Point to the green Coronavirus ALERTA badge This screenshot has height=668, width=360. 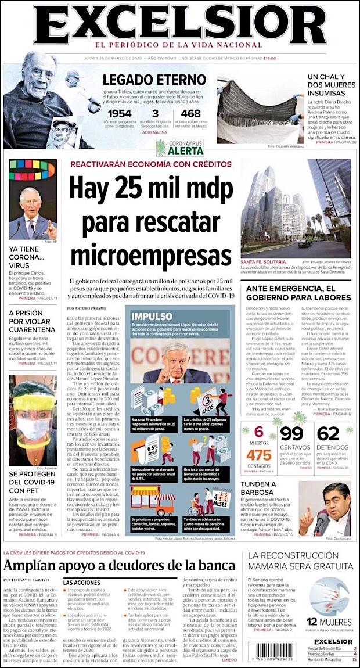(180, 148)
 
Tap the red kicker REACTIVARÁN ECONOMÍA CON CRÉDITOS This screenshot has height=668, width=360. (152, 164)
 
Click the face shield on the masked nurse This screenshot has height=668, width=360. (32, 404)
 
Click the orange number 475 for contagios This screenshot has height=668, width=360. (259, 455)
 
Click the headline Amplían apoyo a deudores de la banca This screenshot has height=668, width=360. (120, 565)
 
